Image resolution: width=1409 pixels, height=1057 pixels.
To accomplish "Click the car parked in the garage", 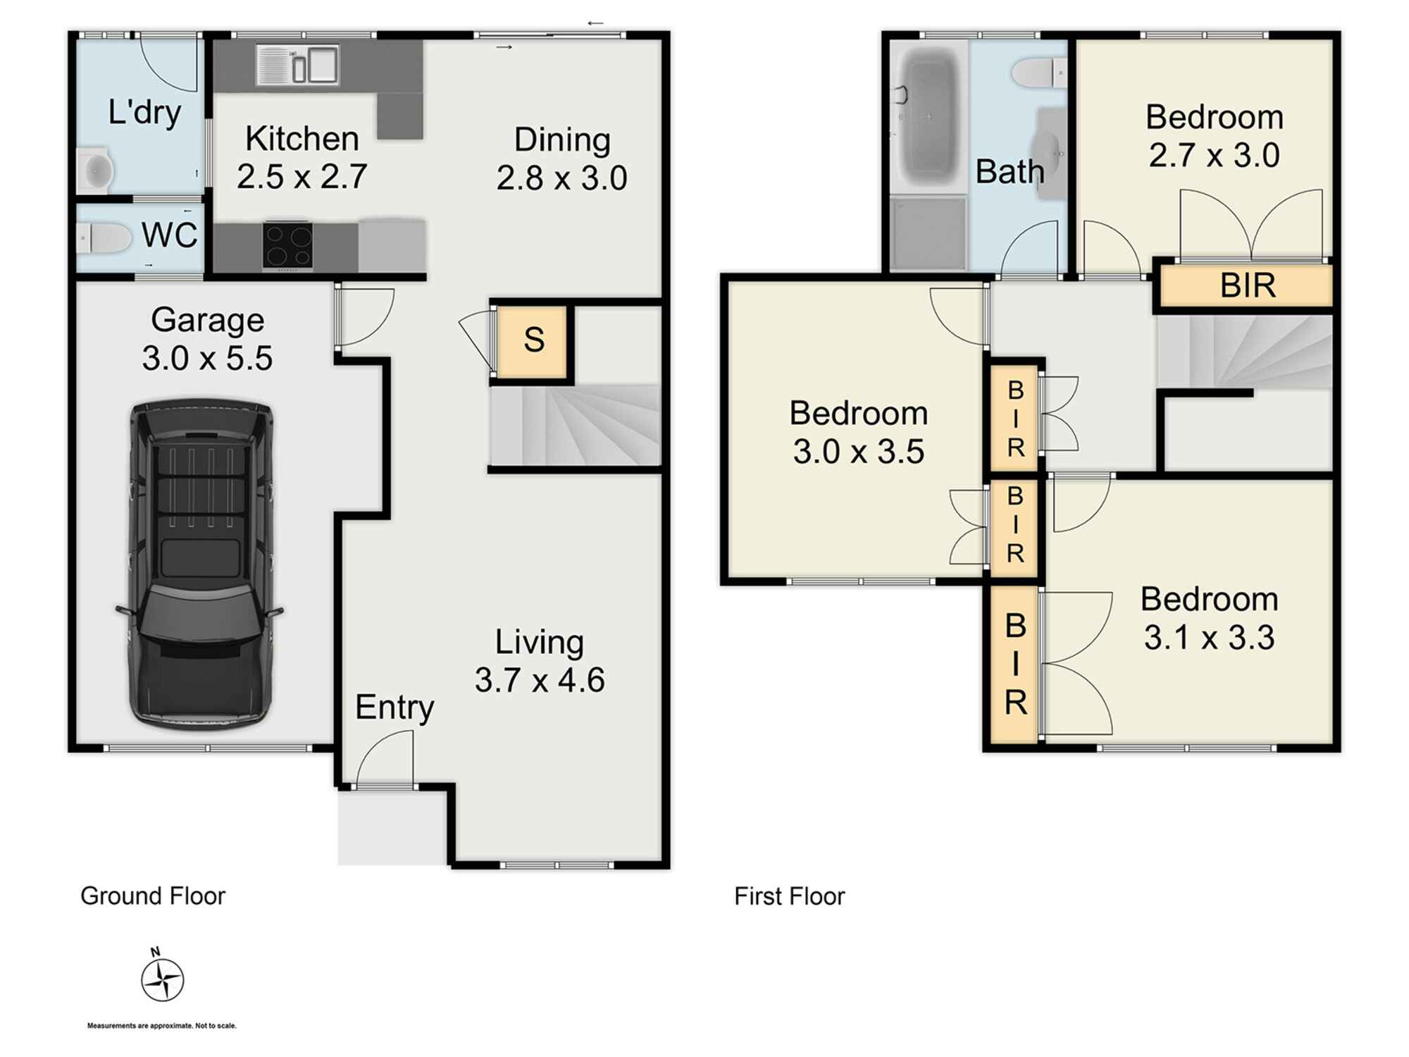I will [x=200, y=564].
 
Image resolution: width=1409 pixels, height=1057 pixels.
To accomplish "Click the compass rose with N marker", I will [x=162, y=979].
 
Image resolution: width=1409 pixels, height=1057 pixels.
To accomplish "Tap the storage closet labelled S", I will [x=533, y=340].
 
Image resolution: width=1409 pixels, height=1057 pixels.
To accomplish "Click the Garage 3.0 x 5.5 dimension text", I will [x=207, y=358].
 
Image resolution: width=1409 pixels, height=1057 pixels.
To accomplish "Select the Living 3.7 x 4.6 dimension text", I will [x=540, y=680].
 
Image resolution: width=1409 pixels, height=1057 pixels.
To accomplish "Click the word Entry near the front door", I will [x=394, y=707].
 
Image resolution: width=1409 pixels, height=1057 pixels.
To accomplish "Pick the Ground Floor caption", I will [x=153, y=896].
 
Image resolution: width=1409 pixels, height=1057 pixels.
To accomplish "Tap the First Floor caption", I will [x=789, y=896].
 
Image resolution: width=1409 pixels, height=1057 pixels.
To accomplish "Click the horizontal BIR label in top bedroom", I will [x=1248, y=285].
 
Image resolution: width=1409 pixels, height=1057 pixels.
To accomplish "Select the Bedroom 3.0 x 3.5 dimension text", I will [x=858, y=451].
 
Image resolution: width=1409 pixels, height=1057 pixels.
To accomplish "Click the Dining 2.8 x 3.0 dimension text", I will [x=561, y=178].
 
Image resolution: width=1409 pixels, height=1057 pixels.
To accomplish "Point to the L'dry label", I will [x=144, y=113].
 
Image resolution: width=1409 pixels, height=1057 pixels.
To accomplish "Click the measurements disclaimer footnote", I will [x=161, y=1026].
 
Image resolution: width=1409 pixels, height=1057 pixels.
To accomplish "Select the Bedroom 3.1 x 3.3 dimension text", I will [x=1209, y=637].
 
